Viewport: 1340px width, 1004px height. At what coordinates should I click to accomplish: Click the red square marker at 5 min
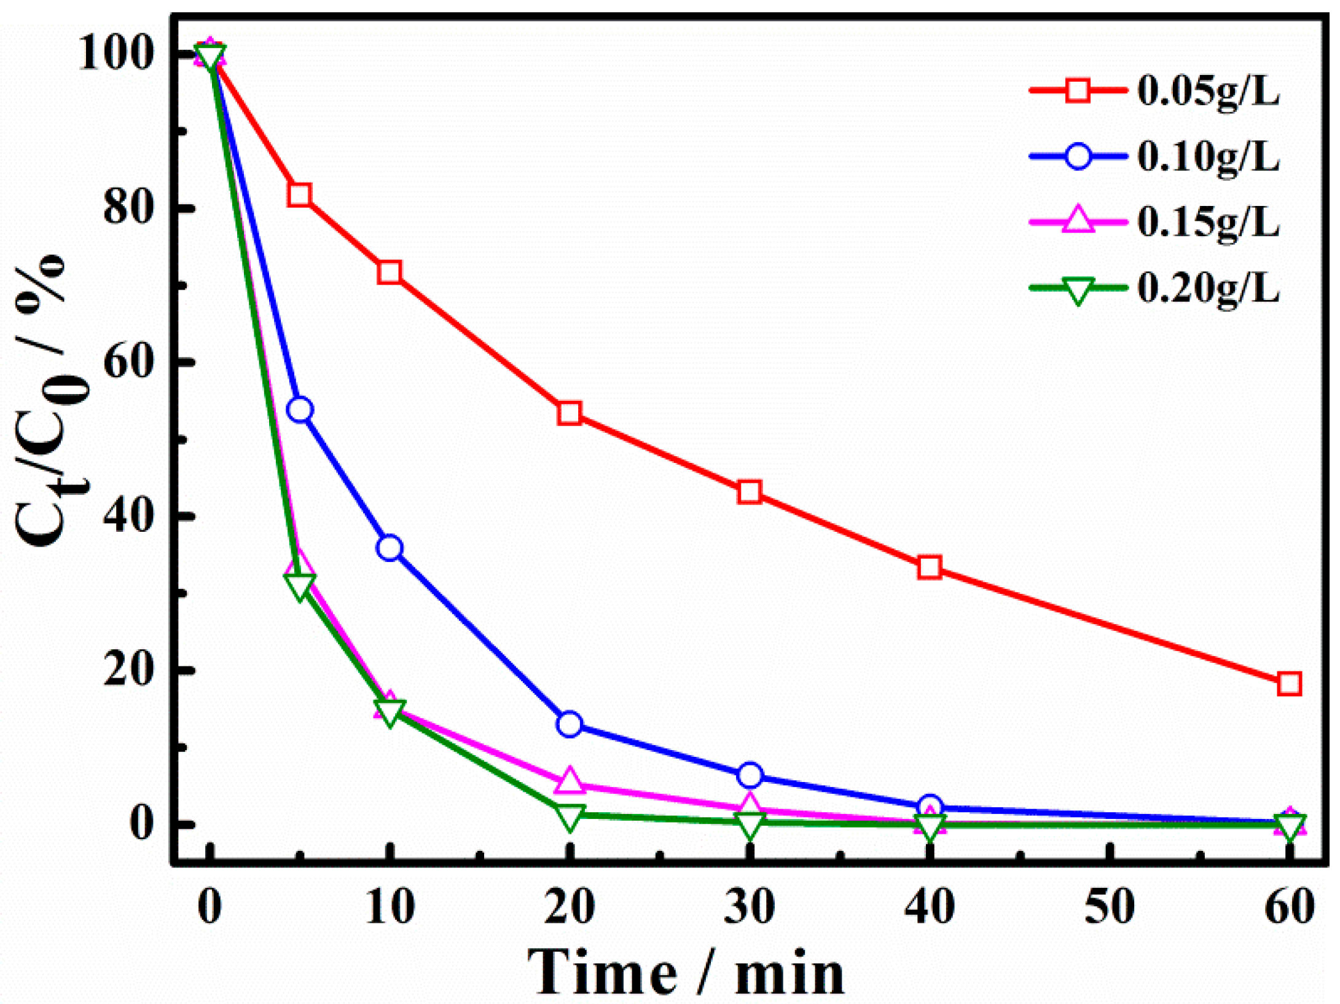[300, 195]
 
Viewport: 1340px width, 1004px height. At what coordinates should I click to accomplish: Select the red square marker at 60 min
[1289, 684]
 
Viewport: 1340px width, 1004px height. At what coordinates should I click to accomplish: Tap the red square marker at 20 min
[570, 413]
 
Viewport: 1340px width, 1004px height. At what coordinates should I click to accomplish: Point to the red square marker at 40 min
[930, 567]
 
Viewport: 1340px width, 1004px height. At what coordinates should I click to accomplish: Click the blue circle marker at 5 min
[300, 409]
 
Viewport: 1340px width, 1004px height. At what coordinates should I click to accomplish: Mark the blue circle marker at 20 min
[570, 724]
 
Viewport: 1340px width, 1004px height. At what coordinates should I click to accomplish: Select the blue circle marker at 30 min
[750, 775]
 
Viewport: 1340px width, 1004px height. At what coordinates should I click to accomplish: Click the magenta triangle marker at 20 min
[570, 781]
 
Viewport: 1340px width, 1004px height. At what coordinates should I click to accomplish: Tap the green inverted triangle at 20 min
[570, 816]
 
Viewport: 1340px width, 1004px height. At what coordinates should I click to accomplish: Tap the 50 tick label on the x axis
[1109, 907]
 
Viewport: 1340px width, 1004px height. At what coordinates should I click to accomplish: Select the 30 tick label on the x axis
[750, 907]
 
